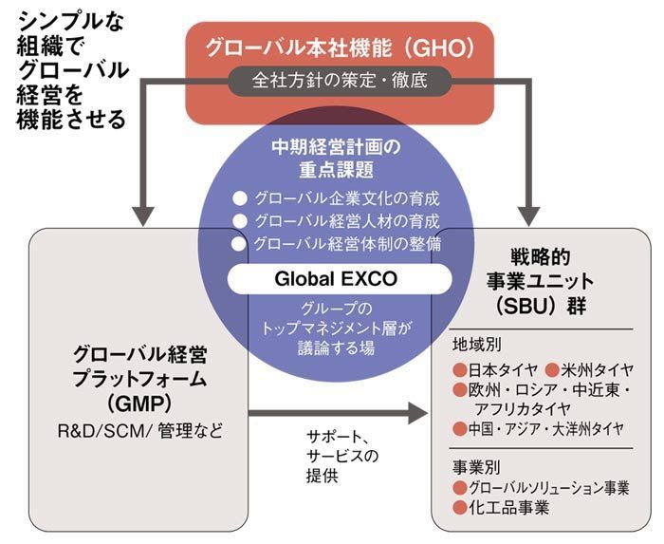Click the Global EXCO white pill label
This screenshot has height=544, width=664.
coord(336,280)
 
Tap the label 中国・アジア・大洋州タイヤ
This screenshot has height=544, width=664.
coord(545,428)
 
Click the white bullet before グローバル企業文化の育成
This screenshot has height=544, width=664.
coord(239,199)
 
